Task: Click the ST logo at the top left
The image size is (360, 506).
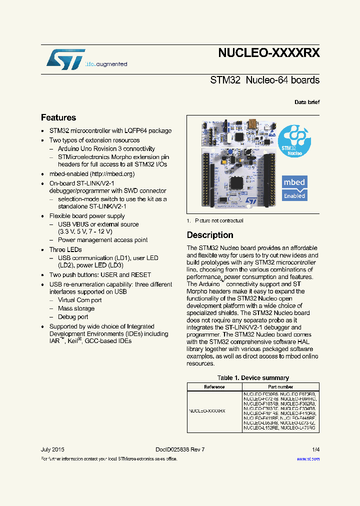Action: point(65,59)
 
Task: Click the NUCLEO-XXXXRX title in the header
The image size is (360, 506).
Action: point(268,53)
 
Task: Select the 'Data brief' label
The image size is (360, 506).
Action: point(306,102)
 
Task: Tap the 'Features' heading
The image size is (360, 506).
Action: point(58,117)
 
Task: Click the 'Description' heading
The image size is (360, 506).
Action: point(210,235)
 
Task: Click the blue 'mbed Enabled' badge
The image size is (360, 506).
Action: point(294,188)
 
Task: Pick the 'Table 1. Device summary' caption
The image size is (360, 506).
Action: point(253,378)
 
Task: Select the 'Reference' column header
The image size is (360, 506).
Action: point(214,386)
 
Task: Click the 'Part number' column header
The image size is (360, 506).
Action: point(280,386)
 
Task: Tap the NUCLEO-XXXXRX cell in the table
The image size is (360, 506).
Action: point(207,410)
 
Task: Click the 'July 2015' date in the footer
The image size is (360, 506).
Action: point(52,449)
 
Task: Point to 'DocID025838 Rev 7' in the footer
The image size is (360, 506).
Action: point(176,449)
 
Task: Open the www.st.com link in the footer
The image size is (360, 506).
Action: point(308,458)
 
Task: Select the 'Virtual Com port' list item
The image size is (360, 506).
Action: point(79,300)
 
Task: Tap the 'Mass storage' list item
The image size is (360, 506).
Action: point(76,308)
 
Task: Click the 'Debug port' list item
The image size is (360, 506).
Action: point(73,316)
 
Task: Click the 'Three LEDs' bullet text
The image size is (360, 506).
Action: point(65,249)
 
